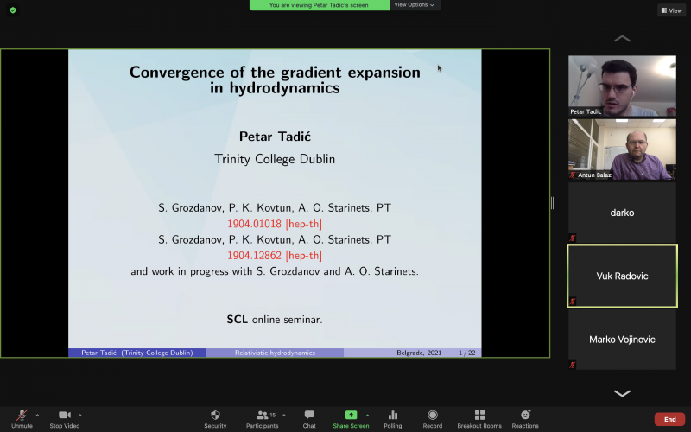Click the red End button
(670, 419)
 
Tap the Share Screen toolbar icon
(351, 415)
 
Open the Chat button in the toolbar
(309, 415)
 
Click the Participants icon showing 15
(263, 415)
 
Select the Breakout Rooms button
(479, 415)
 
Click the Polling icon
(393, 415)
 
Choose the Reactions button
(525, 415)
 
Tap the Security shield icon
(215, 415)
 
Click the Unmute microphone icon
(22, 415)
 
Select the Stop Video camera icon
(64, 415)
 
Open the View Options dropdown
(415, 5)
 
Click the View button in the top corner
(672, 10)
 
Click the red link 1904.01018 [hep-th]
(275, 224)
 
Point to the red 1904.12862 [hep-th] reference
(275, 256)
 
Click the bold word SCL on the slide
(237, 320)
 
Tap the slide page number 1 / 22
(466, 353)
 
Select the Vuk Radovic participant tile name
(622, 276)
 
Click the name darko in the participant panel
(622, 213)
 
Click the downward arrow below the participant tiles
(622, 393)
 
